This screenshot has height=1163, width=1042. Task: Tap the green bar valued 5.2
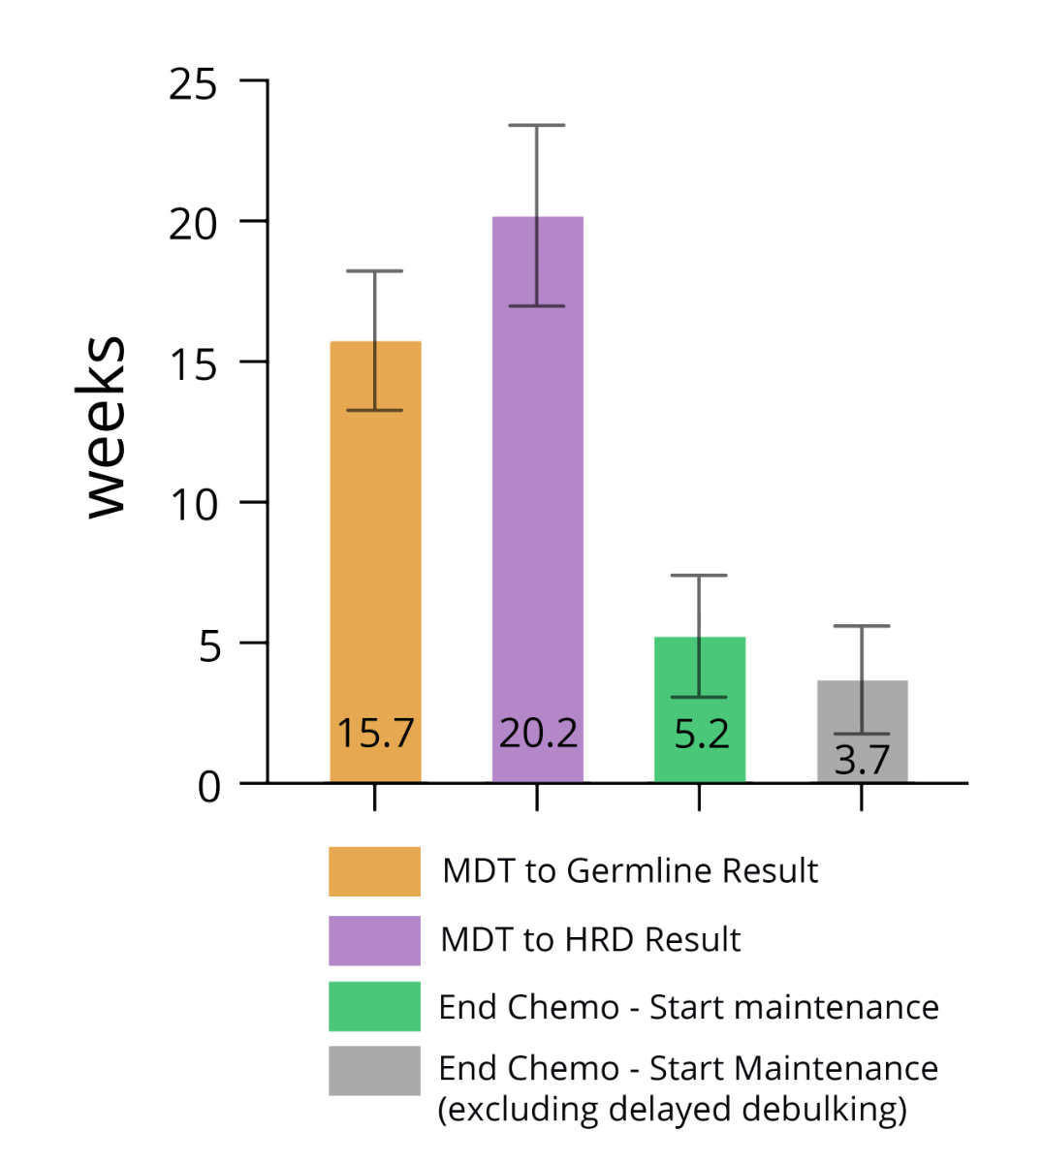coord(699,678)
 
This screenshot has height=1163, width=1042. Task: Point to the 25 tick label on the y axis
coord(193,85)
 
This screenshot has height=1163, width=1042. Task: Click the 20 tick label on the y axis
coord(193,225)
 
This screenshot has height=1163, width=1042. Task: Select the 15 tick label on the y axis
coord(193,365)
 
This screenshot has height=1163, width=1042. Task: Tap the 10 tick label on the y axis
coord(193,505)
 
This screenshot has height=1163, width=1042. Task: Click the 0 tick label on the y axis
coord(208,786)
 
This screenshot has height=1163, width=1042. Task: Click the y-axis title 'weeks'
coord(103,426)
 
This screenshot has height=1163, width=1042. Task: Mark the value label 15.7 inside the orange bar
coord(375,734)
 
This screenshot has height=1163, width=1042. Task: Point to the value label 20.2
coord(538,734)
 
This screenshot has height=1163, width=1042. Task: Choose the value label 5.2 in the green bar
coord(701,734)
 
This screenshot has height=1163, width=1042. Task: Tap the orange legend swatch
coord(374,871)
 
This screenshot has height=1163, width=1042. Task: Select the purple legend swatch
coord(374,940)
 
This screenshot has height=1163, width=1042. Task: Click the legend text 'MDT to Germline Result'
coord(630,871)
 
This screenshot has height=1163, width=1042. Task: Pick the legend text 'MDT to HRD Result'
coord(590,940)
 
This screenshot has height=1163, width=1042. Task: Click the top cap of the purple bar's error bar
coord(536,125)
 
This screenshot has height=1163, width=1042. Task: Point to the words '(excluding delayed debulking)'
coord(672,1109)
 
